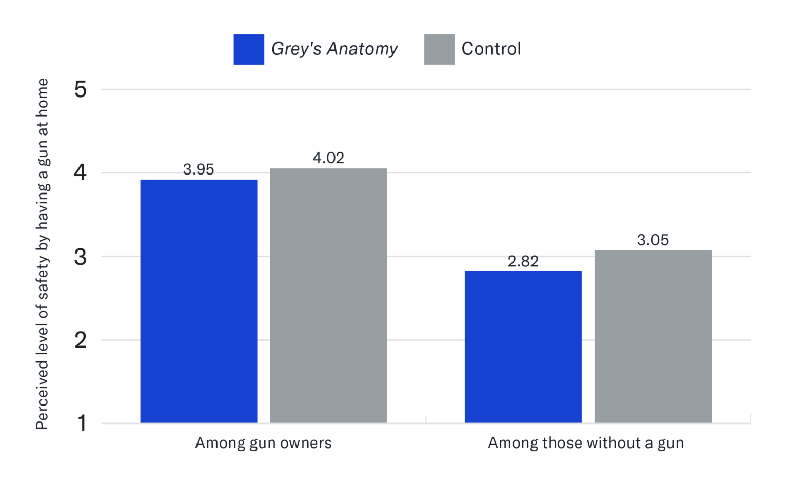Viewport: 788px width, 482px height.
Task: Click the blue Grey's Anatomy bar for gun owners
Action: [x=199, y=301]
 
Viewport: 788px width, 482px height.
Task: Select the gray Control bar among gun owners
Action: [x=328, y=296]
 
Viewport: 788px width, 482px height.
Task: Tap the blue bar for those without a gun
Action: [x=523, y=346]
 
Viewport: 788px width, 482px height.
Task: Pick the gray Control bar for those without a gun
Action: [x=653, y=337]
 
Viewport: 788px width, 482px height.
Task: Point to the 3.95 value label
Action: [x=199, y=169]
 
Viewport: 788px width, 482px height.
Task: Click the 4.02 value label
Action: [x=328, y=158]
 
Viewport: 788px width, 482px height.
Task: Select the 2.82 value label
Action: [x=523, y=261]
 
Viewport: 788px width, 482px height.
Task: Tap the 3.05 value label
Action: [x=653, y=240]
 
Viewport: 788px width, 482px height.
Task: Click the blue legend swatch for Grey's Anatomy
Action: [x=249, y=49]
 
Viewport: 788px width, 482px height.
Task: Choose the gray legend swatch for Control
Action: [x=439, y=49]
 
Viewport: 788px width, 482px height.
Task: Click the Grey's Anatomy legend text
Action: [x=334, y=49]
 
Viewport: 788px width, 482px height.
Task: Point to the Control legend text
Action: [x=491, y=49]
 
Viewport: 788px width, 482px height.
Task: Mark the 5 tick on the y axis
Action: [x=81, y=90]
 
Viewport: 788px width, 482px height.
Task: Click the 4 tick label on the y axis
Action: [x=81, y=172]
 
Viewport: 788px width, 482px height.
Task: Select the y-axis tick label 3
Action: [x=81, y=257]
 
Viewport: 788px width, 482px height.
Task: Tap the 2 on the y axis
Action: [x=81, y=340]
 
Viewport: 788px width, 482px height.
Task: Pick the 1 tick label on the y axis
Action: [x=82, y=423]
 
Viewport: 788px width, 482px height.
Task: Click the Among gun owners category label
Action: [x=263, y=443]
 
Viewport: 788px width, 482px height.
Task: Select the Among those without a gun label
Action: [x=586, y=443]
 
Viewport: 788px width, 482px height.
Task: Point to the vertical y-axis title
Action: [x=43, y=254]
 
